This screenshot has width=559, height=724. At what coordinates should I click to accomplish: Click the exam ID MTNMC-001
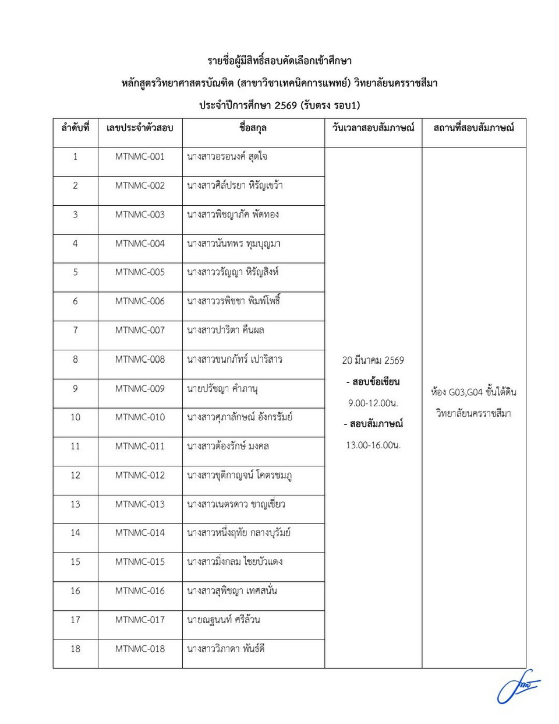coord(140,156)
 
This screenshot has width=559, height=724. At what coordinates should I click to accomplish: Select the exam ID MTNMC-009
coord(140,388)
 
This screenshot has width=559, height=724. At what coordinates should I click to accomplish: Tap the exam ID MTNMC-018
coord(140,648)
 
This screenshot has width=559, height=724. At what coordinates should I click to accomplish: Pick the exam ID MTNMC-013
coord(140,504)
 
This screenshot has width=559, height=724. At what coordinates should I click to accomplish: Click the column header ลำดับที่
coord(75,128)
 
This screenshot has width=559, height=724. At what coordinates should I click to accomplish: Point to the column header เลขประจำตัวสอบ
coord(140,128)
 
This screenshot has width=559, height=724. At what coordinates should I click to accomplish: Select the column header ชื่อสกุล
coord(253,128)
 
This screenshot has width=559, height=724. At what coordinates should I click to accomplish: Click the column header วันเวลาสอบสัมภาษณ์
coord(373,128)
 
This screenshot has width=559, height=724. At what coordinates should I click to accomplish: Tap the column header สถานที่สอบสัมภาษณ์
coord(473,128)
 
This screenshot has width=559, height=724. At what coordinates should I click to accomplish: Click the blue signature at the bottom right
coord(518,691)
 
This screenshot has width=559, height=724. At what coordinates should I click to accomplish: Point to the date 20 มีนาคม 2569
coord(373,360)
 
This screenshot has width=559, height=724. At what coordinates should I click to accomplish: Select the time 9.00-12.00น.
coord(373,403)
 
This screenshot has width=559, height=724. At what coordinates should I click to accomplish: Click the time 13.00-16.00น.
coord(373,445)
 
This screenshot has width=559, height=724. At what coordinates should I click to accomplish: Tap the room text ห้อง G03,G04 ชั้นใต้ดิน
coord(473,392)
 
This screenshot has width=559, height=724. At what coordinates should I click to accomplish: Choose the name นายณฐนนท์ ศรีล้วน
coord(224,620)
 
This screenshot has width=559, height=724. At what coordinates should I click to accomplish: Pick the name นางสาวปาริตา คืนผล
coord(225,330)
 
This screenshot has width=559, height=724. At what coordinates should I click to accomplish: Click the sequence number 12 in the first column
coord(75,475)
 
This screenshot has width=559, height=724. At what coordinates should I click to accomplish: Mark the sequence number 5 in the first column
coord(75,272)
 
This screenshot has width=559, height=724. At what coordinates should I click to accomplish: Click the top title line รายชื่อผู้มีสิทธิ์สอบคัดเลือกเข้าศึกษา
coord(279,61)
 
